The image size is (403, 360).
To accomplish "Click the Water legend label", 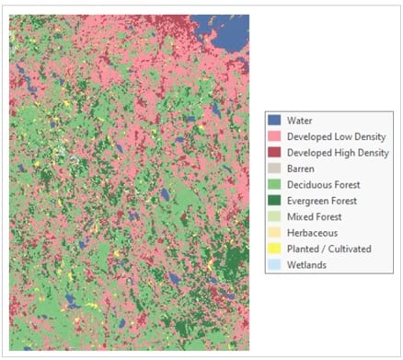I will pyautogui.click(x=300, y=120).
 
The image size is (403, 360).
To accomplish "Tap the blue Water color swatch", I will pyautogui.click(x=274, y=120).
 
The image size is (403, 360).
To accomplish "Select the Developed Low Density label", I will pyautogui.click(x=338, y=136).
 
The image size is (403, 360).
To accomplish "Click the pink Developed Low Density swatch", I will pyautogui.click(x=274, y=136).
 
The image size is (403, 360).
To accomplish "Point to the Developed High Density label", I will pyautogui.click(x=339, y=152).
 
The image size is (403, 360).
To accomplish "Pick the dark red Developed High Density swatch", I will pyautogui.click(x=274, y=152).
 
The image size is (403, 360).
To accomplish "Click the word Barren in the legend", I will pyautogui.click(x=302, y=168).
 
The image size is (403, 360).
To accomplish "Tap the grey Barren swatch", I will pyautogui.click(x=274, y=168).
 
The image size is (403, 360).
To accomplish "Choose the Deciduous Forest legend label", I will pyautogui.click(x=327, y=184).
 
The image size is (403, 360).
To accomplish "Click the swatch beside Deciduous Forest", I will pyautogui.click(x=274, y=184).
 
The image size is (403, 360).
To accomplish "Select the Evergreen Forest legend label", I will pyautogui.click(x=327, y=201).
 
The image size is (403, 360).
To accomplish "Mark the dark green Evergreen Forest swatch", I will pyautogui.click(x=274, y=201).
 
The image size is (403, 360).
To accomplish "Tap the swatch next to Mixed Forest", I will pyautogui.click(x=274, y=216).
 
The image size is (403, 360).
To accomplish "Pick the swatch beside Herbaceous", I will pyautogui.click(x=274, y=233).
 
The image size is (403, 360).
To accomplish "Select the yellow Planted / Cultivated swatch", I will pyautogui.click(x=274, y=249).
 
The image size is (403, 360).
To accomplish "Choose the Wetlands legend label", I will pyautogui.click(x=307, y=265).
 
